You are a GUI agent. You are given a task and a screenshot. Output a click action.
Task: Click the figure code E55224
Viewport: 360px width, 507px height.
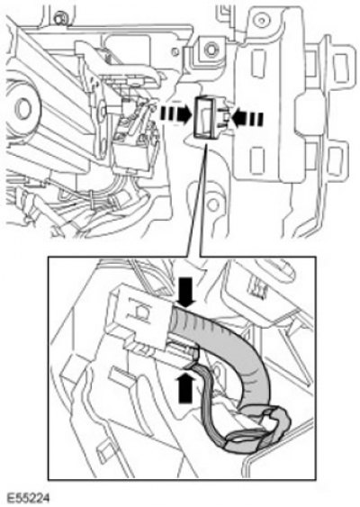(28, 498)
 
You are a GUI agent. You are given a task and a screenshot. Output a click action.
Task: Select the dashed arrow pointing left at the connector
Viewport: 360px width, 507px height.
(247, 117)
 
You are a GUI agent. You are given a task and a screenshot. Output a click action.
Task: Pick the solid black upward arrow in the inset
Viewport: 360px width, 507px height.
(185, 387)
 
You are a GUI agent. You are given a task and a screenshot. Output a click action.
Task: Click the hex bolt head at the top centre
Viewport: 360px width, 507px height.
(211, 50)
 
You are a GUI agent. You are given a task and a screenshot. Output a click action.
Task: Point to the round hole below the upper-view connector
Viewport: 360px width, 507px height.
(212, 204)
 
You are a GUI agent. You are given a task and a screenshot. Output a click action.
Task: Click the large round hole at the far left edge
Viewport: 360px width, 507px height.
(22, 109)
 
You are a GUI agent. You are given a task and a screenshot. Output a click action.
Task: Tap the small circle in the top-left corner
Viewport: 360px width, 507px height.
(60, 19)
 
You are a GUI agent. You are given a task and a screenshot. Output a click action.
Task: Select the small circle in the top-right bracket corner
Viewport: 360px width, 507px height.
(260, 21)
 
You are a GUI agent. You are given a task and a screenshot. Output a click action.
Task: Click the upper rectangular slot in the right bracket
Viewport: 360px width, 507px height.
(258, 63)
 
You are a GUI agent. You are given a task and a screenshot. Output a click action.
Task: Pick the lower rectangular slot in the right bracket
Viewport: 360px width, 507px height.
(257, 160)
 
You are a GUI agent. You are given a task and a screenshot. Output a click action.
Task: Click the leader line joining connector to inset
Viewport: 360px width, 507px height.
(197, 198)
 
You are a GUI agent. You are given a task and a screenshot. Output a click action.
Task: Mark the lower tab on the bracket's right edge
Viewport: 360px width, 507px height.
(336, 160)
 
